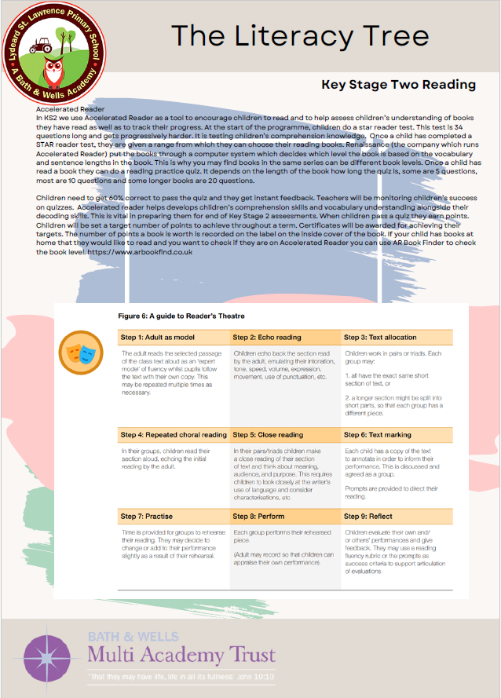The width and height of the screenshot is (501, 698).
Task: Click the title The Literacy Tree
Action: pyautogui.click(x=300, y=35)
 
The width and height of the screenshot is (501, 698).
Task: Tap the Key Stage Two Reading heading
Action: pyautogui.click(x=398, y=84)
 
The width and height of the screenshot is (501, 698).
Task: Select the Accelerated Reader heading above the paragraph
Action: pyautogui.click(x=71, y=109)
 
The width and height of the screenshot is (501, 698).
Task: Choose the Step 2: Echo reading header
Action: pyautogui.click(x=267, y=338)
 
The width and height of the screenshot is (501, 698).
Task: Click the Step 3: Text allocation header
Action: pyautogui.click(x=380, y=338)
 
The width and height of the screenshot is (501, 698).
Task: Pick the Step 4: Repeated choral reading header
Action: pyautogui.click(x=173, y=434)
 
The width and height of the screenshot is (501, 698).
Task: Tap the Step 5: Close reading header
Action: pyautogui.click(x=268, y=434)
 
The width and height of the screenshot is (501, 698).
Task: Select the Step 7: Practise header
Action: pyautogui.click(x=152, y=516)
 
